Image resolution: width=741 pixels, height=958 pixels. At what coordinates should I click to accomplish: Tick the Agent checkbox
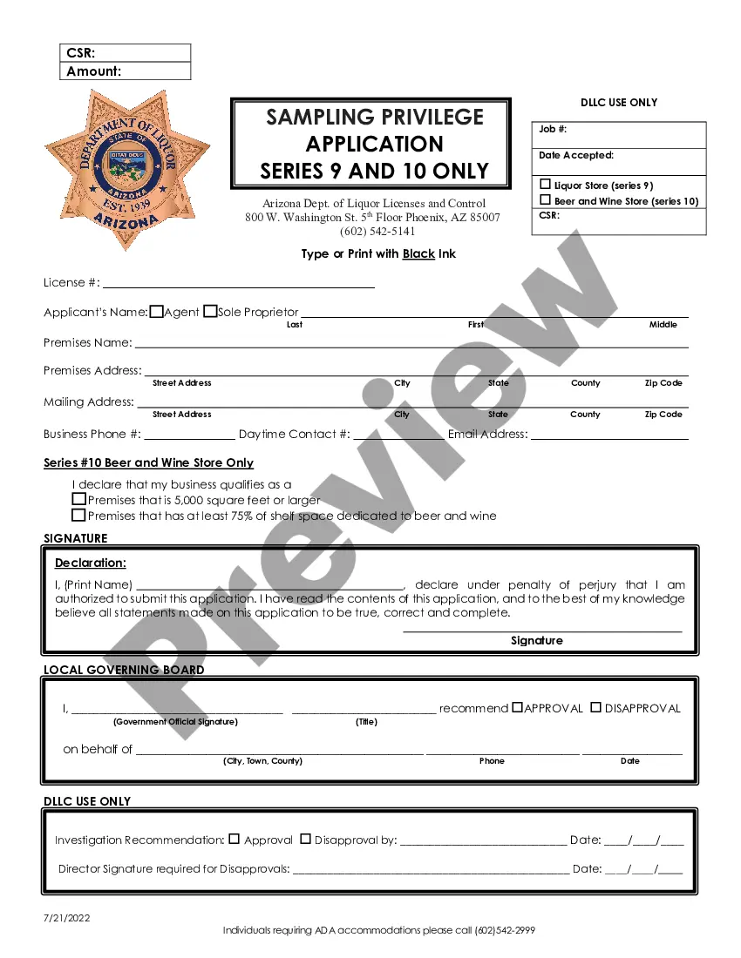click(x=157, y=311)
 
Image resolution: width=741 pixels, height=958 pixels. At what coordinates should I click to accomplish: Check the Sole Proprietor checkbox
click(x=210, y=311)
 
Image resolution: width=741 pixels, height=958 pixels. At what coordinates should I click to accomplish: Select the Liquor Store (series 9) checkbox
click(x=546, y=185)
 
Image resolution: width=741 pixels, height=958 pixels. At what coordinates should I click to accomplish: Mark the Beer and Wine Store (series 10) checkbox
click(x=546, y=200)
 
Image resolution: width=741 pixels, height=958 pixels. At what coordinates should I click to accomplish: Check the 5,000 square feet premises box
click(x=79, y=500)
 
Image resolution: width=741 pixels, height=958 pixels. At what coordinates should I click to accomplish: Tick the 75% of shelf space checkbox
click(x=79, y=515)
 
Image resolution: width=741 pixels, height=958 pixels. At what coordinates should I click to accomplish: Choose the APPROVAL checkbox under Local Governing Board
click(x=517, y=707)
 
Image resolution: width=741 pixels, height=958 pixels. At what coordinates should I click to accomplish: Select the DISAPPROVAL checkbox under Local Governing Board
click(x=596, y=707)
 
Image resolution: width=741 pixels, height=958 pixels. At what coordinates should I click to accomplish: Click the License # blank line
click(x=239, y=284)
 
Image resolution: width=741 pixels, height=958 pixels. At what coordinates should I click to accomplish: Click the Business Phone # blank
click(x=189, y=435)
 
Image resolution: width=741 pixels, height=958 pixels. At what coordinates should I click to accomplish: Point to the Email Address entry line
click(x=609, y=435)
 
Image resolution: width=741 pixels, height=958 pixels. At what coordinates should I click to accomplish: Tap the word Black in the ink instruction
click(x=418, y=254)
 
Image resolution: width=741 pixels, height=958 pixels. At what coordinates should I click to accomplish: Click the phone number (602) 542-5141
click(x=377, y=232)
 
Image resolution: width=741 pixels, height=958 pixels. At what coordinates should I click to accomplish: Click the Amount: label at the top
click(x=94, y=71)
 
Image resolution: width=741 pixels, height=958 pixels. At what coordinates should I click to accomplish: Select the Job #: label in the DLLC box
click(x=554, y=129)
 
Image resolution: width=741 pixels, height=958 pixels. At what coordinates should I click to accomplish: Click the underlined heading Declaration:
click(x=91, y=563)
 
